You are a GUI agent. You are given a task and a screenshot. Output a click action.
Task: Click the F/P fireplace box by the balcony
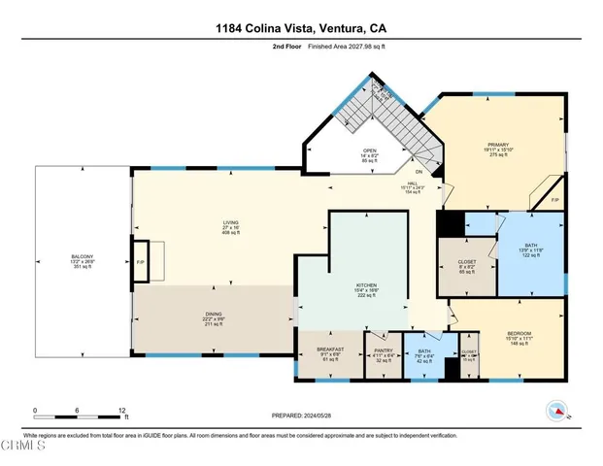point(139,262)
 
